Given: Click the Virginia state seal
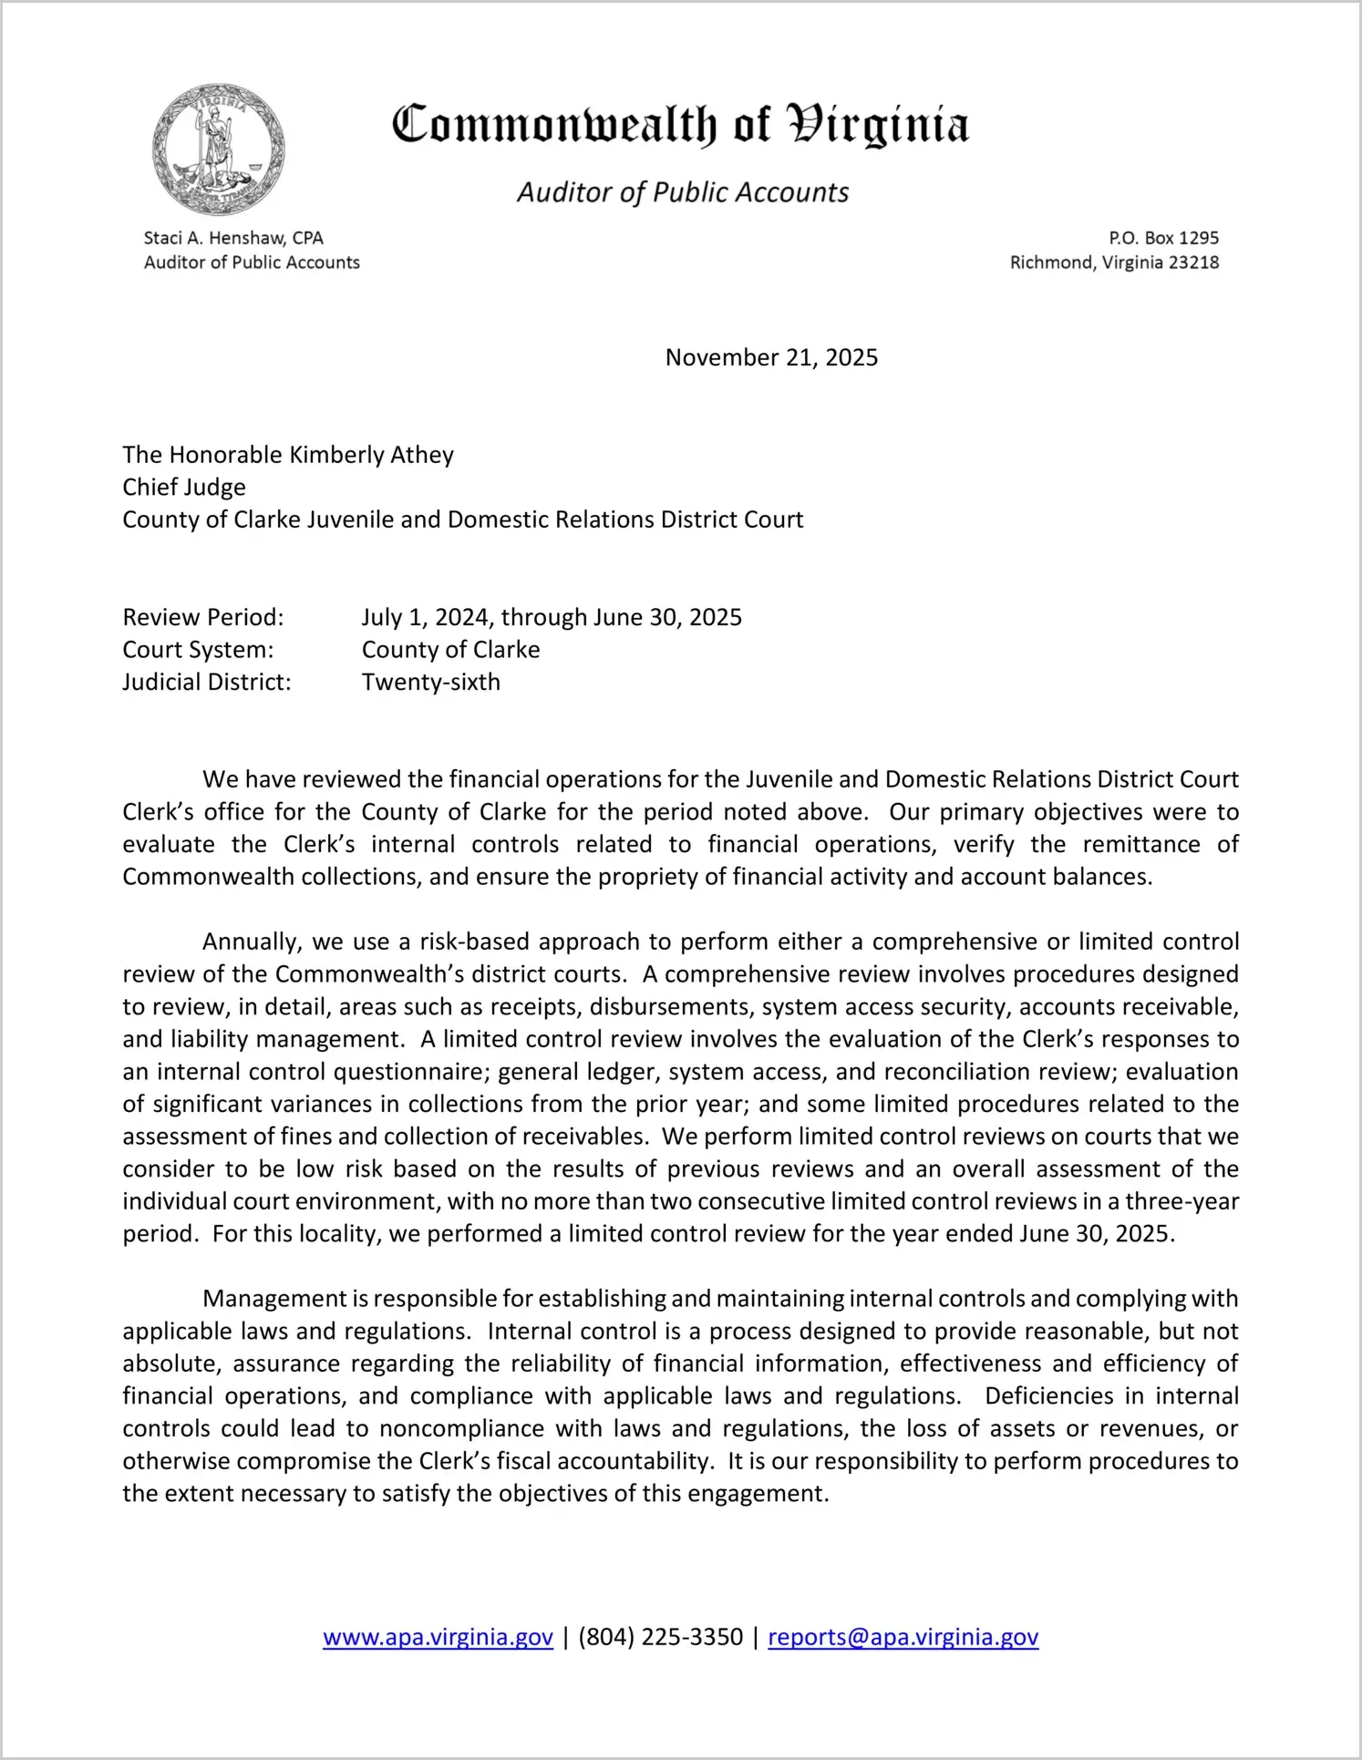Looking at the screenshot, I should [x=219, y=149].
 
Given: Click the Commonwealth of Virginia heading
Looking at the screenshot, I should [x=680, y=126].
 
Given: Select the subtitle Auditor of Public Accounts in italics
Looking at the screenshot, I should [x=683, y=192].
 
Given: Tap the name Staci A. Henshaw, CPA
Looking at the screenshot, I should [x=233, y=238].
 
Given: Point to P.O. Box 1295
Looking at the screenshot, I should [x=1163, y=238].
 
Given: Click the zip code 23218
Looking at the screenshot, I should [x=1193, y=262].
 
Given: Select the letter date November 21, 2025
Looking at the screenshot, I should [x=771, y=357].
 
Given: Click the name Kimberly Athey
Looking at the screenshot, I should [x=371, y=455].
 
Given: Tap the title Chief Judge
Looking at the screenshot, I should [x=184, y=487].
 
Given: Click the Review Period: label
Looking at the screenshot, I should [x=203, y=617].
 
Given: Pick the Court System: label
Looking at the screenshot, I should [x=198, y=650].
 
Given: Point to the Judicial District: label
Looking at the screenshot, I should [x=207, y=682].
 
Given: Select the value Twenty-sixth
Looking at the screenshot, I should [x=431, y=682].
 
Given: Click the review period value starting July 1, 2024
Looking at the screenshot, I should [x=552, y=617].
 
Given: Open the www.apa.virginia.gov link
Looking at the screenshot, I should [x=438, y=1637].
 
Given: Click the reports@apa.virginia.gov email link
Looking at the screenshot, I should [x=903, y=1637].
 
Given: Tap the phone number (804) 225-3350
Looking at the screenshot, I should [x=660, y=1637].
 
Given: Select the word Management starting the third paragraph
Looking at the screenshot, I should [x=275, y=1299].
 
